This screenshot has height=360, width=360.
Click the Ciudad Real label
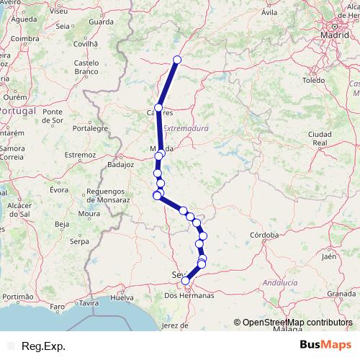tap(319, 139)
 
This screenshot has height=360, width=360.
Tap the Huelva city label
tap(122, 297)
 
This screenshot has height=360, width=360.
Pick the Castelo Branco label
tap(86, 68)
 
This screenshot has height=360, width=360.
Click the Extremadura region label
tap(185, 127)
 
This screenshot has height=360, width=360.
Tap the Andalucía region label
tap(280, 283)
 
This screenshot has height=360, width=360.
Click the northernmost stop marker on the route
tap(177, 60)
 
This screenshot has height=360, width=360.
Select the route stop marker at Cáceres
tap(158, 108)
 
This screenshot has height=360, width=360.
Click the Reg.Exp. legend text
tap(44, 346)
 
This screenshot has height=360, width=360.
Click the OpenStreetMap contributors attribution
tap(297, 323)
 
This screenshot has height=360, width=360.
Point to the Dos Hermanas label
tap(189, 295)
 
